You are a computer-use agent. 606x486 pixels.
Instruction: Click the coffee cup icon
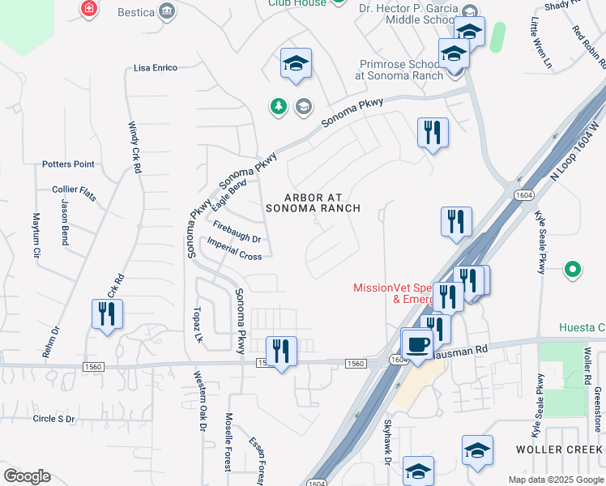point(417,343)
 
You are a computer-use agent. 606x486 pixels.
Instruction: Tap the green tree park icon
point(279,106)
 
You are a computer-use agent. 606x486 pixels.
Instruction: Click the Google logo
point(27,476)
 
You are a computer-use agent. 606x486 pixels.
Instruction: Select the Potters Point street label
point(68,164)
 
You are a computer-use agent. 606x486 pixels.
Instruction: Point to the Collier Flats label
point(74,189)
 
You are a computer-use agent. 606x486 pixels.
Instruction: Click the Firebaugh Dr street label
point(237,232)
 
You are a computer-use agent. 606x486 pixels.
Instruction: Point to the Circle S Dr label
point(53,419)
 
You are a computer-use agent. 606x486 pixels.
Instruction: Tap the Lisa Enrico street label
point(155,68)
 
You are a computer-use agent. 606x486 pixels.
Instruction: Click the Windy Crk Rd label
point(134,147)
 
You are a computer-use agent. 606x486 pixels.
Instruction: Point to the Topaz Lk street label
point(196,324)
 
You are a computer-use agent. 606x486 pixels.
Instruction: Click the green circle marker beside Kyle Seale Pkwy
point(573,268)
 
